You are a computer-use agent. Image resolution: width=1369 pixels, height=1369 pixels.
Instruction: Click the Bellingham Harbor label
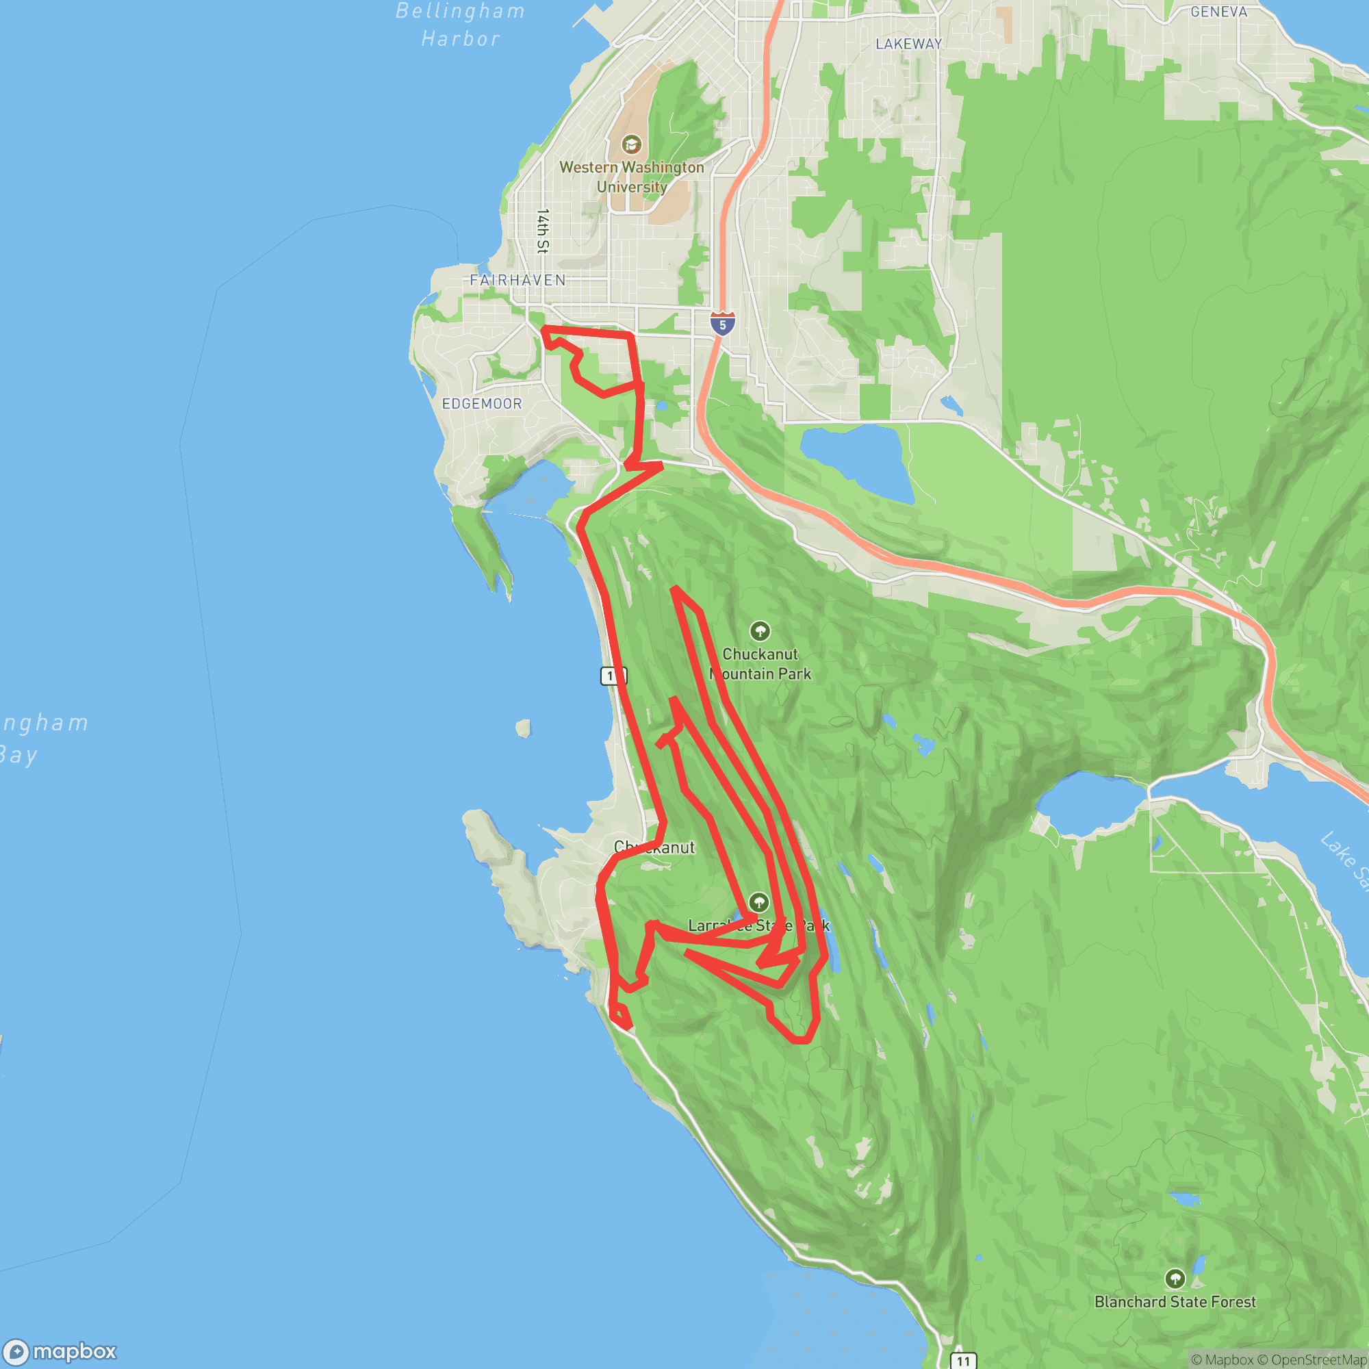click(461, 25)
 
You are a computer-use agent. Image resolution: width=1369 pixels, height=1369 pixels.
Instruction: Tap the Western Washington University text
click(631, 177)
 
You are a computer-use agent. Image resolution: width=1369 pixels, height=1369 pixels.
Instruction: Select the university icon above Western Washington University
click(631, 144)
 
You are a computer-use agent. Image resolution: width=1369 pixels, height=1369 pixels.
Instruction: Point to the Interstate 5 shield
click(722, 324)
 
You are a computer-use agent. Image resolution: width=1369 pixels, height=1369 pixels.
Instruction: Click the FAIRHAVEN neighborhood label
click(518, 281)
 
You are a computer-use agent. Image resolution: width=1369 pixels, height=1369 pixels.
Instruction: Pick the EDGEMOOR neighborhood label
click(482, 404)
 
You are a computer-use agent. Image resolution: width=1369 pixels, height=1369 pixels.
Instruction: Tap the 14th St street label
click(543, 231)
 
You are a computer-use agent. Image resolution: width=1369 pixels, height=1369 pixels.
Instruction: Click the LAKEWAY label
click(908, 44)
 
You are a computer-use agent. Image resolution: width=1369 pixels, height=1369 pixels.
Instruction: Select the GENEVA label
click(1219, 12)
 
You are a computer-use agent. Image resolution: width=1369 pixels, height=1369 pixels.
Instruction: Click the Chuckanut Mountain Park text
click(760, 664)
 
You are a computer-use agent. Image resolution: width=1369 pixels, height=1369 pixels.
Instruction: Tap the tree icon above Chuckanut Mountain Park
click(760, 630)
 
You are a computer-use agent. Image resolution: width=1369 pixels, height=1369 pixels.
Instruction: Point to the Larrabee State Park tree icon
click(759, 902)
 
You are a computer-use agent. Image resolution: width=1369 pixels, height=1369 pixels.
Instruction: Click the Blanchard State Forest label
click(1175, 1302)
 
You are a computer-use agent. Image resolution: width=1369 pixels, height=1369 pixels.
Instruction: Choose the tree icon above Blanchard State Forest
click(1175, 1278)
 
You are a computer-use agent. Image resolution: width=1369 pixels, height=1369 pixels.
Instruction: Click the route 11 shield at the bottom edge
click(962, 1361)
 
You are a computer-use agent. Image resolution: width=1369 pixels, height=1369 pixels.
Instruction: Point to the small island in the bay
click(523, 728)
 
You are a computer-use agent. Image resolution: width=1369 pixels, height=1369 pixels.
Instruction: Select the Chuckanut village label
click(654, 847)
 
